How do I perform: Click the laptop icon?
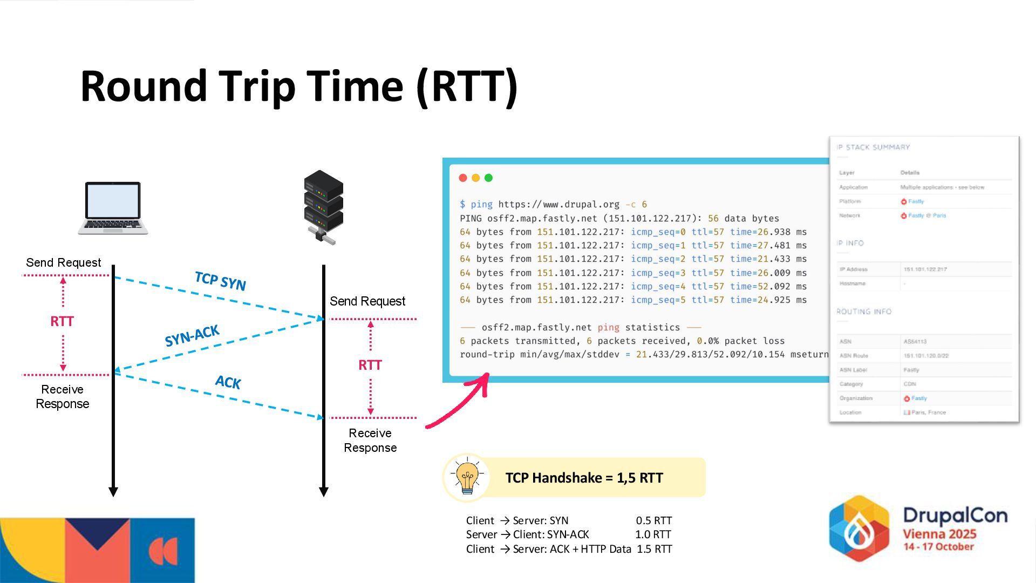113,208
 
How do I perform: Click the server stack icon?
323,207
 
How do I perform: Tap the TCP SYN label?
220,281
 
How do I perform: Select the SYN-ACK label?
192,336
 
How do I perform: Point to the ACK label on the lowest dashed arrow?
228,382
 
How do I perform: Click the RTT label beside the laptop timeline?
62,322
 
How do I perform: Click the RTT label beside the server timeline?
370,365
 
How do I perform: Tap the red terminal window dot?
463,178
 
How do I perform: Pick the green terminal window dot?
489,178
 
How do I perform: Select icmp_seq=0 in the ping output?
658,232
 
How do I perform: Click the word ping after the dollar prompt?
481,205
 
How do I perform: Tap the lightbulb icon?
467,477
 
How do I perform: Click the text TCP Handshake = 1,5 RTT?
584,478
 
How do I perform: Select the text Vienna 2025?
939,534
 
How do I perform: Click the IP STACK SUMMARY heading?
873,147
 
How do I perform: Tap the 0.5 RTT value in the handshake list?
653,521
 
